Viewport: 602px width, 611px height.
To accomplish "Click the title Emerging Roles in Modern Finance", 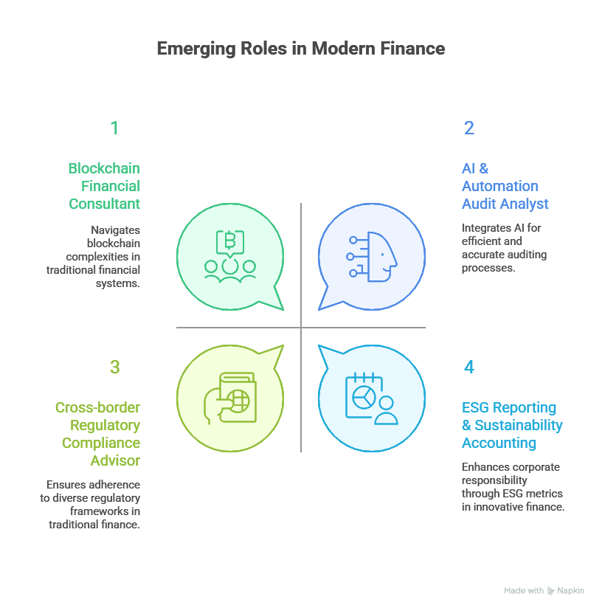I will coord(301,49).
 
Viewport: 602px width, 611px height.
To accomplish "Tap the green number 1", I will coord(114,128).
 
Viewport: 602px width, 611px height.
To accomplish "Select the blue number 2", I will coord(469,128).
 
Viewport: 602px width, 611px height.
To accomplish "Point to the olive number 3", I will coord(114,367).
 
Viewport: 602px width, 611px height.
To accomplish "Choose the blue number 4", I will coord(469,367).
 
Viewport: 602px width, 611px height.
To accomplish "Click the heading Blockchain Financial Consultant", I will coord(104,186).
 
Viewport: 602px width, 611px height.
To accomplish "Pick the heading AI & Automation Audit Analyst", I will coord(505,186).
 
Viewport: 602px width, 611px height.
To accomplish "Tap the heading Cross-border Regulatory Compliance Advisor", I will coord(97,434).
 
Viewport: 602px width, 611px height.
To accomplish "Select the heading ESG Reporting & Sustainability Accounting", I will coord(511,425).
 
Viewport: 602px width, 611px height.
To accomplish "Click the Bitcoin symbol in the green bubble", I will coord(230,241).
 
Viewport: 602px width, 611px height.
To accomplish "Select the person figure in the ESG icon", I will coord(386,410).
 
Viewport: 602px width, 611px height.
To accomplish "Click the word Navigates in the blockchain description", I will coord(115,229).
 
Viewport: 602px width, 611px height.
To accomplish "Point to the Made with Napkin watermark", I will coord(544,591).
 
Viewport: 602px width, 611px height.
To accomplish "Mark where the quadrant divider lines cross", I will coord(301,328).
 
